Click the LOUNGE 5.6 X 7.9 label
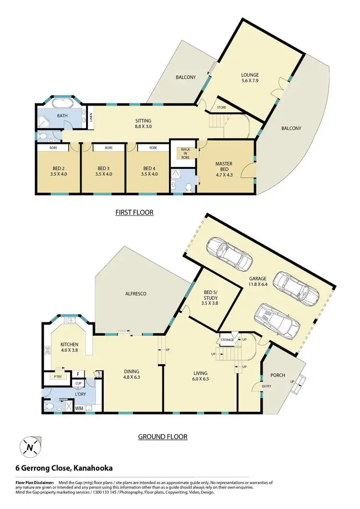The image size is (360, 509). [x=250, y=78]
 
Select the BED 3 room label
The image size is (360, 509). [x=104, y=171]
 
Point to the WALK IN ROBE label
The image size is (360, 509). [x=185, y=153]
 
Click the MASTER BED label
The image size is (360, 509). [x=224, y=167]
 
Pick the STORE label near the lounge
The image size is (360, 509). [x=221, y=107]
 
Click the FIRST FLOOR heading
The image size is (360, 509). [x=134, y=212]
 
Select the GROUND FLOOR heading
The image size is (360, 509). [x=163, y=437]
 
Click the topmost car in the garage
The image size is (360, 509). [x=229, y=253]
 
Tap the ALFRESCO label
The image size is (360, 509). [x=136, y=293]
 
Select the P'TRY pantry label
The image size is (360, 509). [x=59, y=376]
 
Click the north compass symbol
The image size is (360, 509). [x=30, y=448]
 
